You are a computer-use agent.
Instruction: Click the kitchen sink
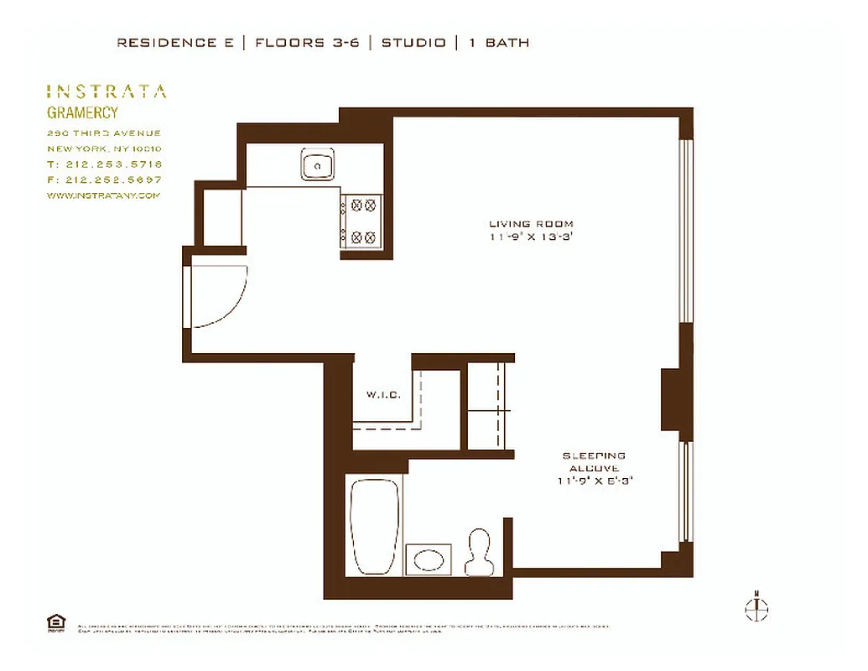[x=319, y=165]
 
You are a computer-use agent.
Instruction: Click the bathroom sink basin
[x=429, y=559]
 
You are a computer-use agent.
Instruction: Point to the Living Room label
[x=531, y=224]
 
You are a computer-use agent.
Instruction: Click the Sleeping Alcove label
[x=594, y=462]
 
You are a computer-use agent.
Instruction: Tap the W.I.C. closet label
[x=382, y=395]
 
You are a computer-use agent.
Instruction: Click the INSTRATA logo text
[x=106, y=91]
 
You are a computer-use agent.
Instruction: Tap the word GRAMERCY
[x=82, y=113]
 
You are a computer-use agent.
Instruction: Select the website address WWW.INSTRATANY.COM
[x=103, y=195]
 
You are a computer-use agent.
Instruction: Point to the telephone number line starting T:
[x=105, y=164]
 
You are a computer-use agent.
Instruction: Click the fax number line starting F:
[x=105, y=179]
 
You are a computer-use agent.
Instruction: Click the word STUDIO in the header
[x=413, y=43]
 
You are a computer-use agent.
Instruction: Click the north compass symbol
[x=756, y=608]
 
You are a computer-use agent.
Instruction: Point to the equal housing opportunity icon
[x=55, y=622]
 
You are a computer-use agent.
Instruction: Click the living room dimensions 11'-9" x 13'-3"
[x=532, y=237]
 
